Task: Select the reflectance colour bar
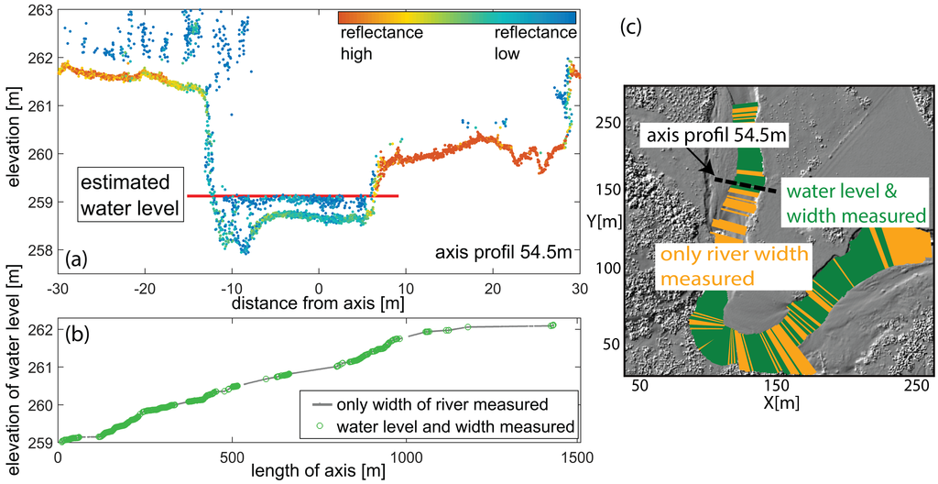[x=456, y=16]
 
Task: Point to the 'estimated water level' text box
[x=130, y=194]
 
